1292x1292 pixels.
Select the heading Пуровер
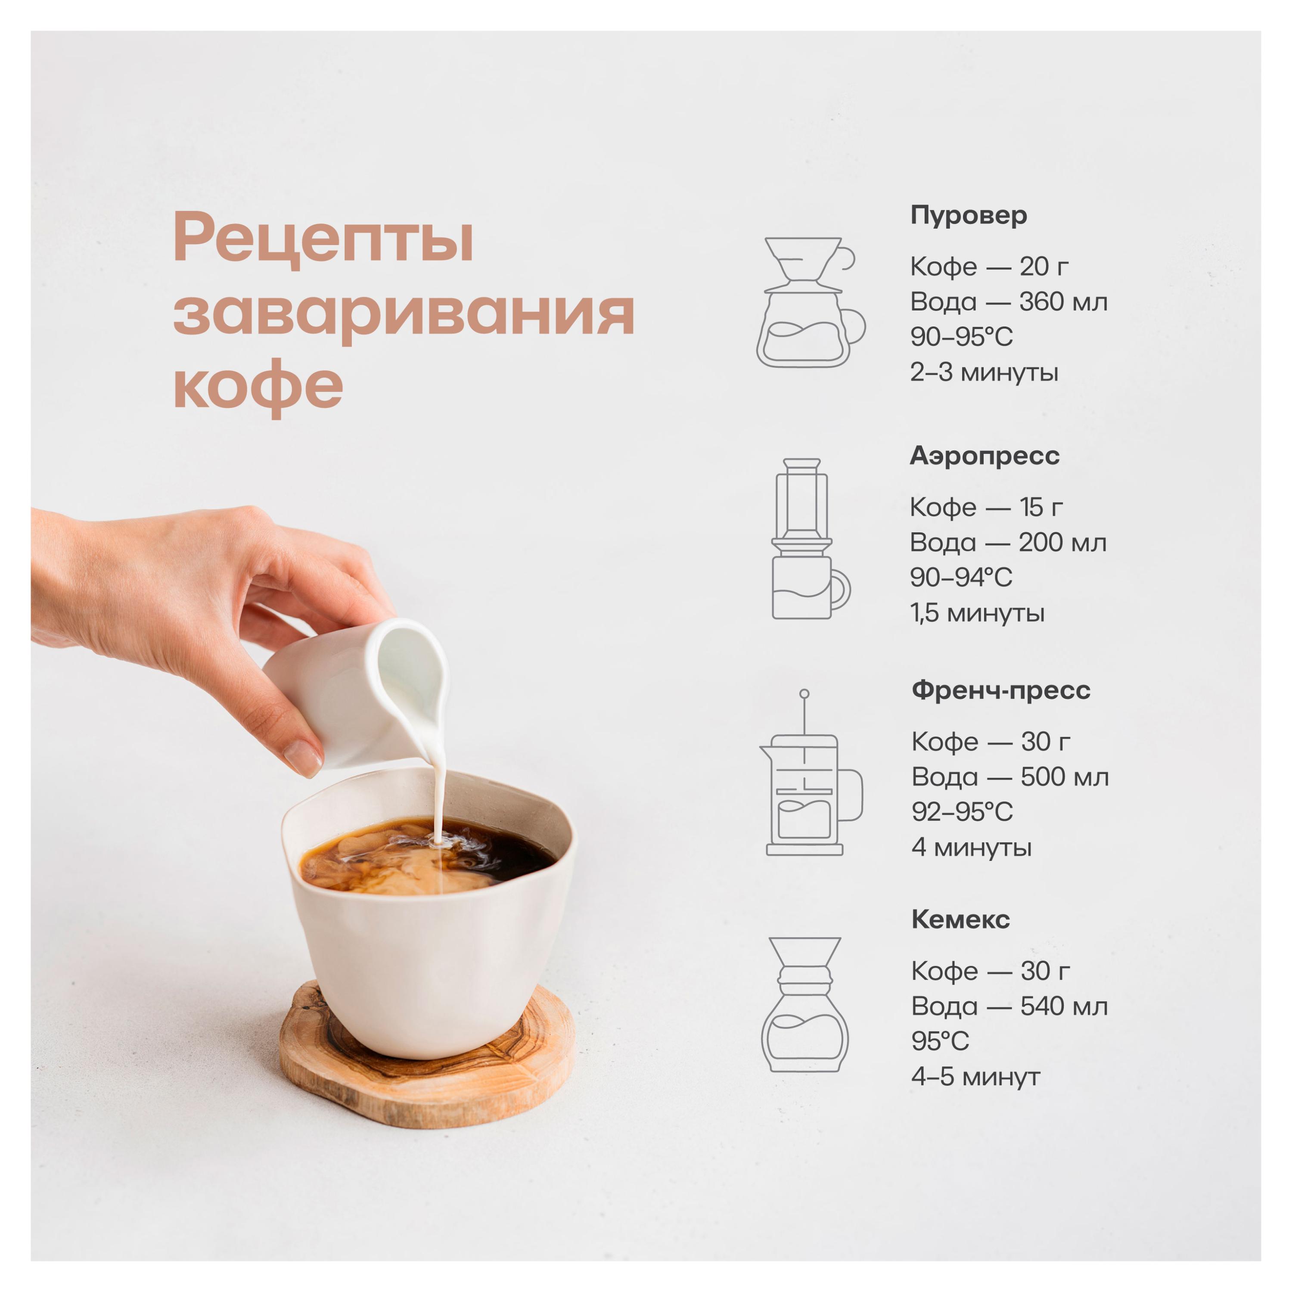click(968, 215)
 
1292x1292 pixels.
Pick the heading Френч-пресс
click(1000, 690)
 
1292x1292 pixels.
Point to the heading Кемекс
click(960, 919)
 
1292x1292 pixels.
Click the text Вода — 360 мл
click(1009, 301)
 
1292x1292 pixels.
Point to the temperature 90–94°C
click(961, 577)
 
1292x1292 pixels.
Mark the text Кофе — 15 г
click(986, 507)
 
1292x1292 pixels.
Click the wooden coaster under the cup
click(428, 1070)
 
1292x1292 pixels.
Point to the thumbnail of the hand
click(302, 757)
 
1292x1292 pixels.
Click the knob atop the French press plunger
click(804, 694)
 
